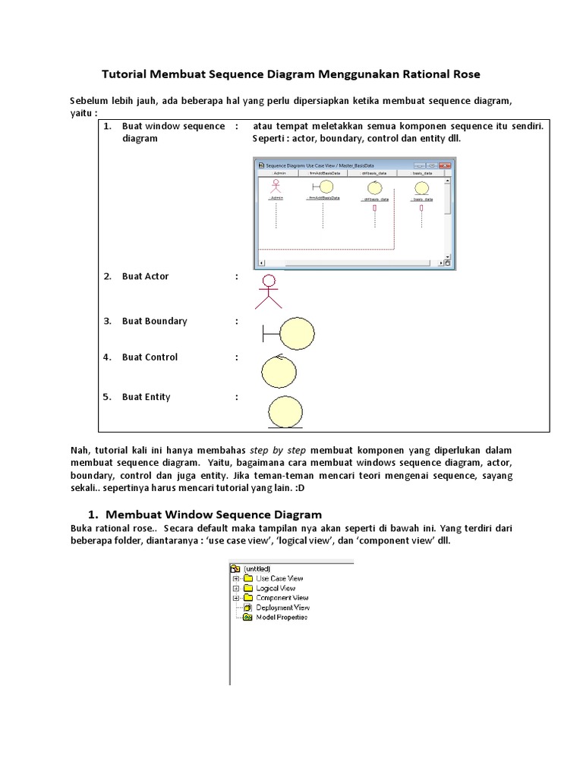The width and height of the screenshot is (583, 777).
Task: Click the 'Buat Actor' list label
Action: click(145, 276)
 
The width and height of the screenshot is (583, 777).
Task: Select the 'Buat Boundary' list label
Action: click(154, 321)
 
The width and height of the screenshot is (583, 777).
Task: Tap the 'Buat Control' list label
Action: click(150, 357)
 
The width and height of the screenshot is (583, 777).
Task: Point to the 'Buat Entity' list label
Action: click(146, 397)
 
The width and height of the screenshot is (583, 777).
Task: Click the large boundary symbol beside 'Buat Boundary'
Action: click(290, 333)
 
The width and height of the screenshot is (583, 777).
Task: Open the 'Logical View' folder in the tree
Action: click(276, 588)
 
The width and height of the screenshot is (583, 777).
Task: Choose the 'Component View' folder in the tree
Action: click(282, 598)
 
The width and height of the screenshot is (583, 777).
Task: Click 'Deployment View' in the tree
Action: click(282, 608)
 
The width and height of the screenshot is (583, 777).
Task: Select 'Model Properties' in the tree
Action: click(281, 618)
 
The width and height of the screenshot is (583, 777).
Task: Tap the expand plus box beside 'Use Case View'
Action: click(236, 578)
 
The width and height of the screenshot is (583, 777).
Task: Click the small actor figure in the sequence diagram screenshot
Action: click(275, 187)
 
